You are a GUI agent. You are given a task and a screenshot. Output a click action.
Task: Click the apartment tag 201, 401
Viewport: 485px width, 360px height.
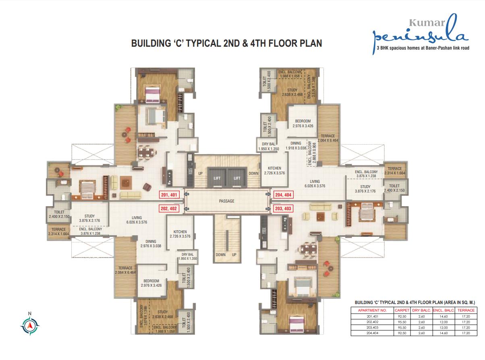169,195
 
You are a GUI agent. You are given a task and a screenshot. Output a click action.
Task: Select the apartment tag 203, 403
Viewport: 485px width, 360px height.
283,209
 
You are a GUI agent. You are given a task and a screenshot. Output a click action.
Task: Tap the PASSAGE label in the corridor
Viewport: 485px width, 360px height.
226,201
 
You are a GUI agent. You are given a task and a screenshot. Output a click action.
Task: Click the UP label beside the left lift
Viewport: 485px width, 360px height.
200,173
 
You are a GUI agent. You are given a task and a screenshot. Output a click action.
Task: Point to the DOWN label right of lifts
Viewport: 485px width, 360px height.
253,173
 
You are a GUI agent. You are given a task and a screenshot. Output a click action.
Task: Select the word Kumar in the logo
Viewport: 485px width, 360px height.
427,23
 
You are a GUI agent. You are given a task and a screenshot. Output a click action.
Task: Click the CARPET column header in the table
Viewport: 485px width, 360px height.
402,310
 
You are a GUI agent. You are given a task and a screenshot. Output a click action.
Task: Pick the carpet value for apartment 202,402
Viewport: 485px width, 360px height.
402,322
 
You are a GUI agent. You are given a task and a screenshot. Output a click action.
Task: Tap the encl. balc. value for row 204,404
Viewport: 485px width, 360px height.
444,333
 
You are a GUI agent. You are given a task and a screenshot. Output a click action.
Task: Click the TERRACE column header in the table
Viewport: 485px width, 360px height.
466,310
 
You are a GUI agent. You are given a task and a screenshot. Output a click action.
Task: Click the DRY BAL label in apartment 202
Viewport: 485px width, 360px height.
188,254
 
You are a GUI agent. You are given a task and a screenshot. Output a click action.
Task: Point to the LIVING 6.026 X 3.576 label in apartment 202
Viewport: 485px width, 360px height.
137,220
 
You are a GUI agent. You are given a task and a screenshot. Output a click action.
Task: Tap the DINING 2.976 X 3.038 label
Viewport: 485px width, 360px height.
151,244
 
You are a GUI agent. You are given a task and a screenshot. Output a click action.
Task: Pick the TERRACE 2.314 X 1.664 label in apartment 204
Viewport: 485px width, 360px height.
395,171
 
